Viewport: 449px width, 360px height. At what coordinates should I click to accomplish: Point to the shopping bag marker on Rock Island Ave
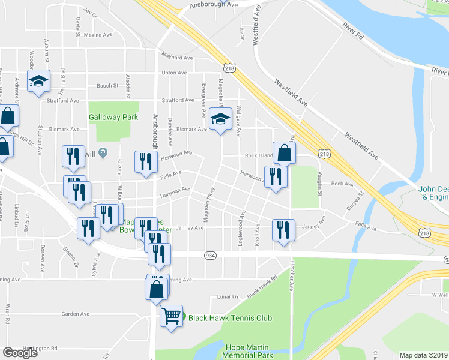click(285, 152)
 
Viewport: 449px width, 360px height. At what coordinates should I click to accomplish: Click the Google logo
click(20, 353)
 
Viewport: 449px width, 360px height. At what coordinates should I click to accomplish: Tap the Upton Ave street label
click(174, 73)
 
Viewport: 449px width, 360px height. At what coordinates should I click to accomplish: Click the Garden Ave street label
click(75, 313)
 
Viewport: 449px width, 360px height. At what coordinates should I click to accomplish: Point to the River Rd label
click(354, 31)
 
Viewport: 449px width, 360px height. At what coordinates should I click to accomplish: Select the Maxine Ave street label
click(98, 35)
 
